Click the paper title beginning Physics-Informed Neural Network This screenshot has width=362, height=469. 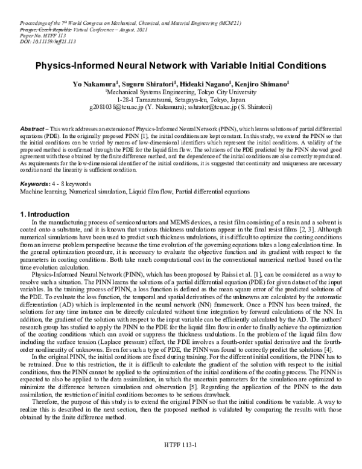[180, 64]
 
